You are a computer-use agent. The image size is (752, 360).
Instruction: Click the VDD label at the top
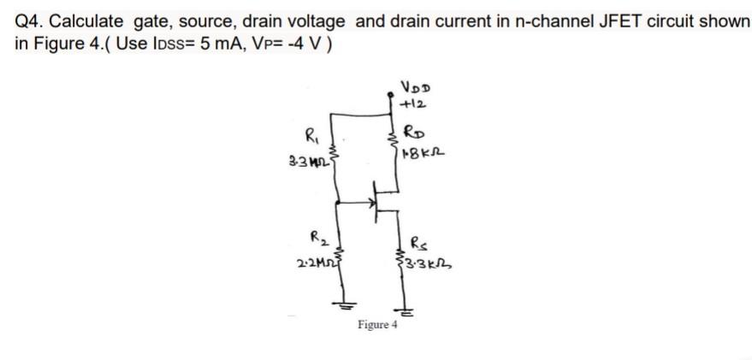click(417, 86)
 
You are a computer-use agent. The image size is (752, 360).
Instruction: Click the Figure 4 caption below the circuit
click(377, 325)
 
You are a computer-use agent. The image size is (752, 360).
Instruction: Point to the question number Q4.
click(29, 20)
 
